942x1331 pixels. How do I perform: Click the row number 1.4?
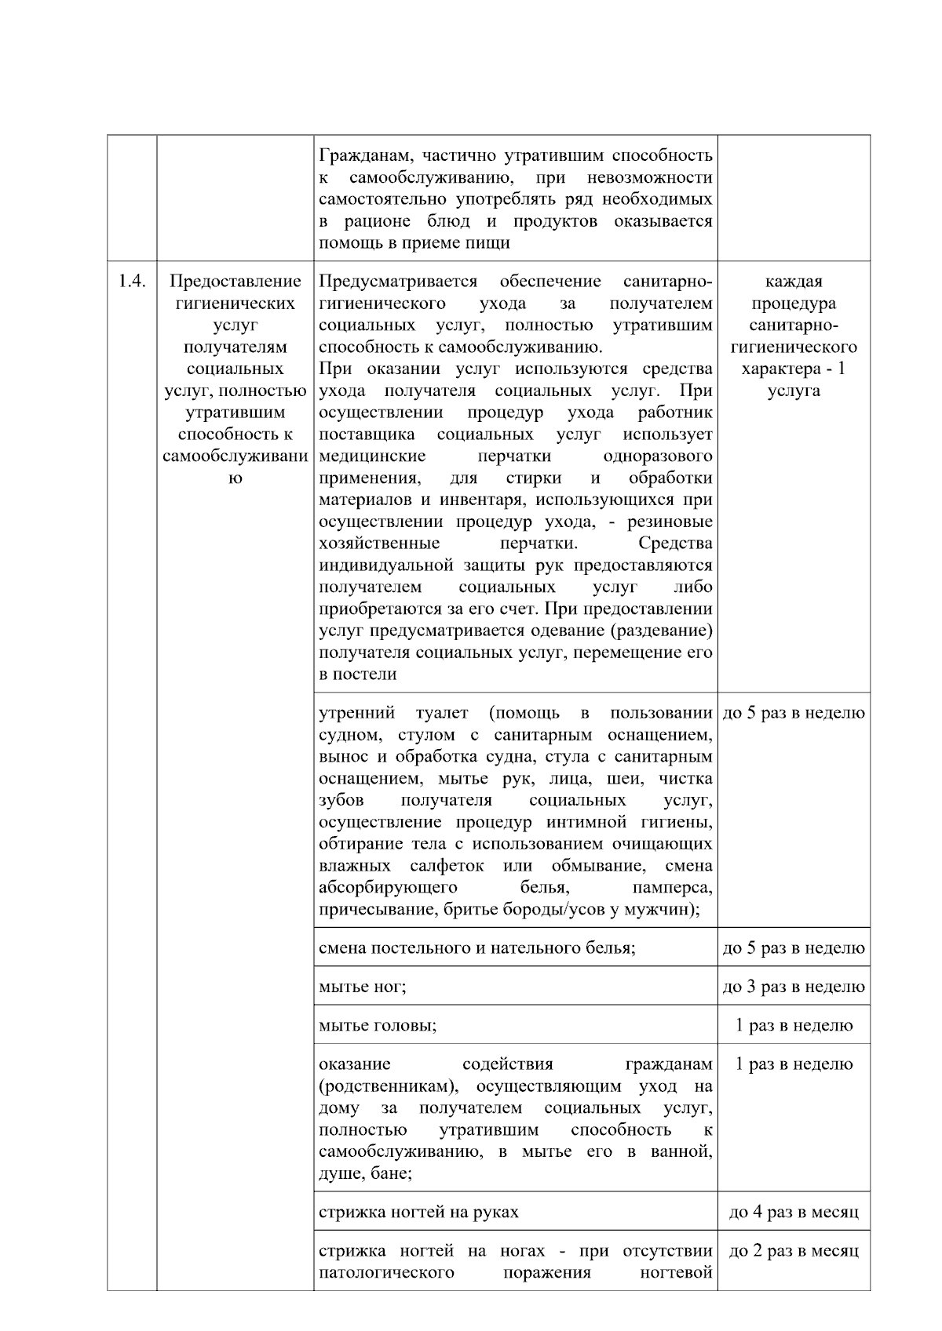(132, 282)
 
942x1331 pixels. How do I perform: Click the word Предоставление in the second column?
(235, 282)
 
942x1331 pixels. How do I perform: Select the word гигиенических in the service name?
(235, 304)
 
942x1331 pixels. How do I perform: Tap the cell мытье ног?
(363, 987)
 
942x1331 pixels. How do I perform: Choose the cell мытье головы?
(378, 1025)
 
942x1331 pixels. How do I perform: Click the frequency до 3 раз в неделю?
(794, 987)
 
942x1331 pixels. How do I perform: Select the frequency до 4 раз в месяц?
(794, 1213)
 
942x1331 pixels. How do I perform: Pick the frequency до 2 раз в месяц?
(794, 1251)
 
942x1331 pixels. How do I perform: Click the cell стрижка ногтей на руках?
(418, 1213)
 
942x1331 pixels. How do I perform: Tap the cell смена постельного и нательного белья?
(476, 948)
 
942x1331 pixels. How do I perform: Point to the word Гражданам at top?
(363, 155)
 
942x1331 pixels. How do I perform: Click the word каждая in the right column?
(794, 282)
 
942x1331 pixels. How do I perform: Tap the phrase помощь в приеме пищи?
(414, 243)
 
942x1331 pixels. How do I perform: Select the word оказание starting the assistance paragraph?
(354, 1064)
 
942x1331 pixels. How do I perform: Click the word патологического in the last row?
(386, 1272)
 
